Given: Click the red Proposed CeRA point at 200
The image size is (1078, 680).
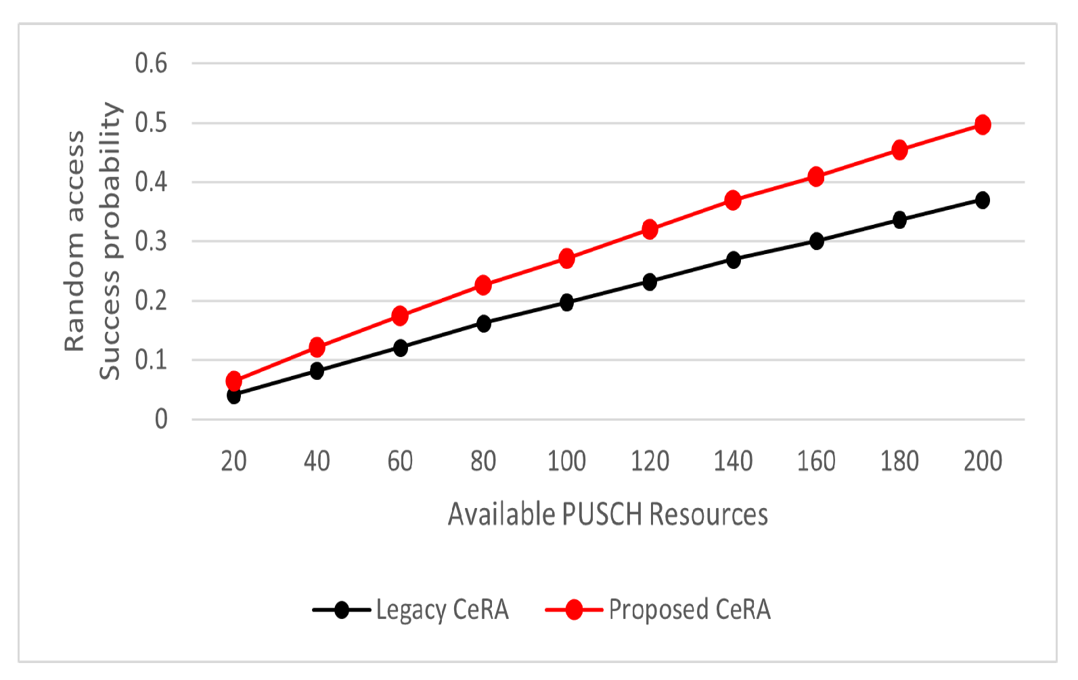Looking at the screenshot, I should pyautogui.click(x=983, y=125).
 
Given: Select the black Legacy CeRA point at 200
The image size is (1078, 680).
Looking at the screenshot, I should pyautogui.click(x=983, y=200).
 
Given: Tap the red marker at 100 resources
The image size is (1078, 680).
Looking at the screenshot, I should pyautogui.click(x=567, y=258).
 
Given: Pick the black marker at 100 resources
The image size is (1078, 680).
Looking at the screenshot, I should pyautogui.click(x=567, y=302).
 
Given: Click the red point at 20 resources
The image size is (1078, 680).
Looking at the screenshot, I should pyautogui.click(x=233, y=380).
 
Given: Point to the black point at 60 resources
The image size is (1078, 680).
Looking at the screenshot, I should pyautogui.click(x=401, y=348).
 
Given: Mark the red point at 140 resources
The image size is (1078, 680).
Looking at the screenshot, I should pyautogui.click(x=733, y=200).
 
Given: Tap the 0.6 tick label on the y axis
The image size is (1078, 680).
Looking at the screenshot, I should pyautogui.click(x=151, y=64).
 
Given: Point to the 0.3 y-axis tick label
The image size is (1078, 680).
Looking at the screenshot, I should pyautogui.click(x=151, y=241).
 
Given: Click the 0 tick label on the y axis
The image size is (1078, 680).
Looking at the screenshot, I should pyautogui.click(x=160, y=420).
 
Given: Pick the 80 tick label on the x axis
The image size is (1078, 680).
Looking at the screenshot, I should pyautogui.click(x=483, y=461).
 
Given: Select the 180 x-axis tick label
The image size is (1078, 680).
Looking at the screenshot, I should pyautogui.click(x=899, y=461).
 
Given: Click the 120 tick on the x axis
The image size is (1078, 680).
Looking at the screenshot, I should pyautogui.click(x=650, y=461).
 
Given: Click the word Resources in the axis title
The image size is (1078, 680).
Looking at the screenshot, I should pyautogui.click(x=709, y=515).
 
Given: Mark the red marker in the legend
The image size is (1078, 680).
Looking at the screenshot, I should pyautogui.click(x=574, y=610).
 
